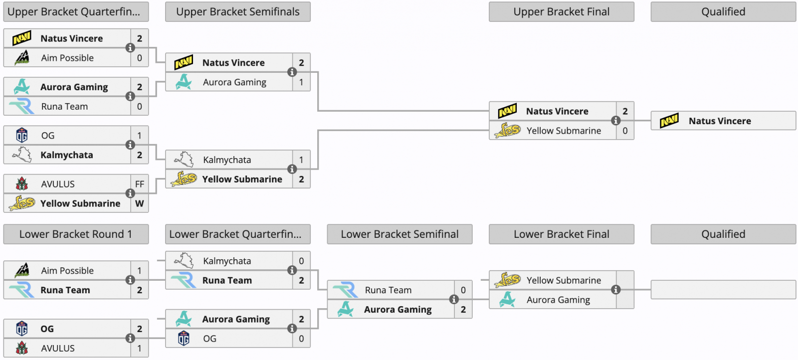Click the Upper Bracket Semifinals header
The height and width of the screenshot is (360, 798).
[x=237, y=12]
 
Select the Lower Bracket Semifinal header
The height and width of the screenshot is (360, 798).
[x=399, y=234]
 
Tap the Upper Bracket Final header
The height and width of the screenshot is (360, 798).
[x=562, y=12]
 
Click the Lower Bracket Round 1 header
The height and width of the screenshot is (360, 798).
[x=76, y=234]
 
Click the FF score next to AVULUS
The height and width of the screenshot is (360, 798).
[x=140, y=184]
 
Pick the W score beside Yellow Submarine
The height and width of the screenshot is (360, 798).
[x=140, y=203]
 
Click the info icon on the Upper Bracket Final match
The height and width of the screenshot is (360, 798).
[x=615, y=121]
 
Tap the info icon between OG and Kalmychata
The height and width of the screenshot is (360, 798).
[x=130, y=145]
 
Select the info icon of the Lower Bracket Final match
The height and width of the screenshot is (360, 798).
[x=615, y=290]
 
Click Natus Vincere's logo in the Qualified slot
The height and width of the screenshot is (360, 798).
[x=669, y=121]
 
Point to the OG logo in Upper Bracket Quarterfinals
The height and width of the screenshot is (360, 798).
[x=22, y=135]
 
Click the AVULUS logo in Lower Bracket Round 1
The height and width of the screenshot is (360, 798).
[x=22, y=348]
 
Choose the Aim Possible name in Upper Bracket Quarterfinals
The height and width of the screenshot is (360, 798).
[x=67, y=58]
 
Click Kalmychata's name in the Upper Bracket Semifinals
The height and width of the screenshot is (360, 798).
[x=227, y=160]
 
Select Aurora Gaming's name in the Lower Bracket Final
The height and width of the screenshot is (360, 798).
[x=558, y=300]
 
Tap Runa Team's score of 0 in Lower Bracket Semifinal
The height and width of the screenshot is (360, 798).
[x=463, y=290]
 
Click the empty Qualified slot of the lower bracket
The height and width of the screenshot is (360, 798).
[x=723, y=290]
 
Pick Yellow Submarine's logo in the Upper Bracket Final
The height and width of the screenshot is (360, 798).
[x=507, y=130]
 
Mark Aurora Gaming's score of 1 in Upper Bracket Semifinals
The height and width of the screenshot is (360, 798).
[x=301, y=82]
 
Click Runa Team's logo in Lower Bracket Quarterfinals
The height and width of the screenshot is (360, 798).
[x=184, y=280]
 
